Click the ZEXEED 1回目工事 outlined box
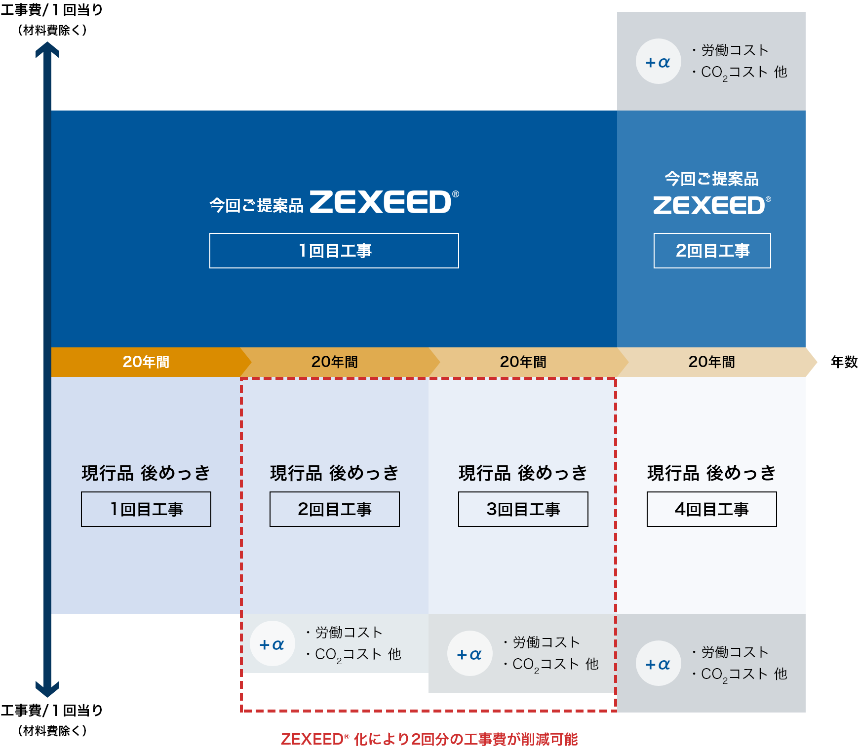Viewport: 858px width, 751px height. tap(334, 251)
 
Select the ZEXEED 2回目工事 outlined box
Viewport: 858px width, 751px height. tap(712, 251)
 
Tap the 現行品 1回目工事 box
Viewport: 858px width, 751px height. tap(146, 509)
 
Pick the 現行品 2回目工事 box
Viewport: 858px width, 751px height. tap(334, 509)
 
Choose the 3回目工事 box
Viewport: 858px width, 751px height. tap(523, 509)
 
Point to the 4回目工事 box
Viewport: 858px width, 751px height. tap(711, 509)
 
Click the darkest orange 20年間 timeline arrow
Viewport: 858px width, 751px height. tap(146, 362)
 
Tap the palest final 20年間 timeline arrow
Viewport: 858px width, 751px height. tap(712, 362)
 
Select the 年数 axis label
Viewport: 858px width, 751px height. tap(844, 362)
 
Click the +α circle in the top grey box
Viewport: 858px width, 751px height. tap(658, 62)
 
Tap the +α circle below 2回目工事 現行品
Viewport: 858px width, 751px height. tap(272, 644)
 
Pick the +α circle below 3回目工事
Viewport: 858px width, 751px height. tap(469, 654)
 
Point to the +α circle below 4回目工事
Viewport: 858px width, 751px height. tap(658, 664)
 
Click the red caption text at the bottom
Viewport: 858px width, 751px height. tap(429, 739)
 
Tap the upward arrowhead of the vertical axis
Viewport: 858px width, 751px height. tap(47, 49)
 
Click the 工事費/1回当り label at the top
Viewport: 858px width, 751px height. tap(52, 10)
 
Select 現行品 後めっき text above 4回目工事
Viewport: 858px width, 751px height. tap(711, 473)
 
